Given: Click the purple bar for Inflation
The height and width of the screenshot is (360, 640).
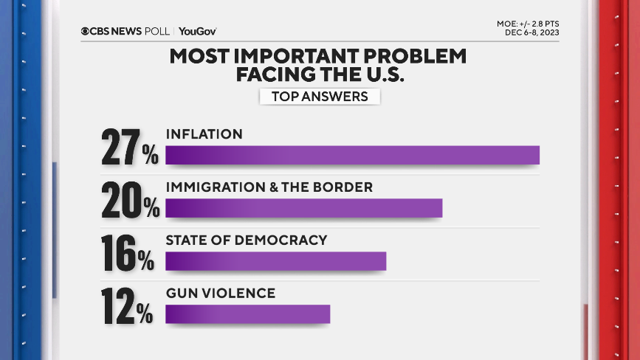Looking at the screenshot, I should coord(352,155).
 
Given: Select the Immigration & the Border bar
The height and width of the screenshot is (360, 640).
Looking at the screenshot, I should coord(303,208).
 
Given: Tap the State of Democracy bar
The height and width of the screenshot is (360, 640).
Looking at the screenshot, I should coord(275,261).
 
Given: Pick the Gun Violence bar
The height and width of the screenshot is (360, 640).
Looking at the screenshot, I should coord(247,314).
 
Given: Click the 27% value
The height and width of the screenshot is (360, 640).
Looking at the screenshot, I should coord(130,147).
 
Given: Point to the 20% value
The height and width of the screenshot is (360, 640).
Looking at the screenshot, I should coord(130,200).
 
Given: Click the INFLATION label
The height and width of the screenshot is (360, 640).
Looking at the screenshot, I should coord(204,134).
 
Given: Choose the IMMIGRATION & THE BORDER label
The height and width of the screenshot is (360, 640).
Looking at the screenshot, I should coord(269,187).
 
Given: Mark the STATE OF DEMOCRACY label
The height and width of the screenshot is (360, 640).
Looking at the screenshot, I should coord(246,240).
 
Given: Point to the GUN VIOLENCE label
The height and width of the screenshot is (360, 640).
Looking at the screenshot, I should coord(220,294).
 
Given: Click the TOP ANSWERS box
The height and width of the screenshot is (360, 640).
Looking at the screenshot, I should coord(320,97).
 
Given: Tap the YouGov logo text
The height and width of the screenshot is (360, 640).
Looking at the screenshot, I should coord(197,31).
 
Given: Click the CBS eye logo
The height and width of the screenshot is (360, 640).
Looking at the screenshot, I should coord(86,31).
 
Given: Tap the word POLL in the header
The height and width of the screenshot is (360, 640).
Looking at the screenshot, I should coord(156,31).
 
